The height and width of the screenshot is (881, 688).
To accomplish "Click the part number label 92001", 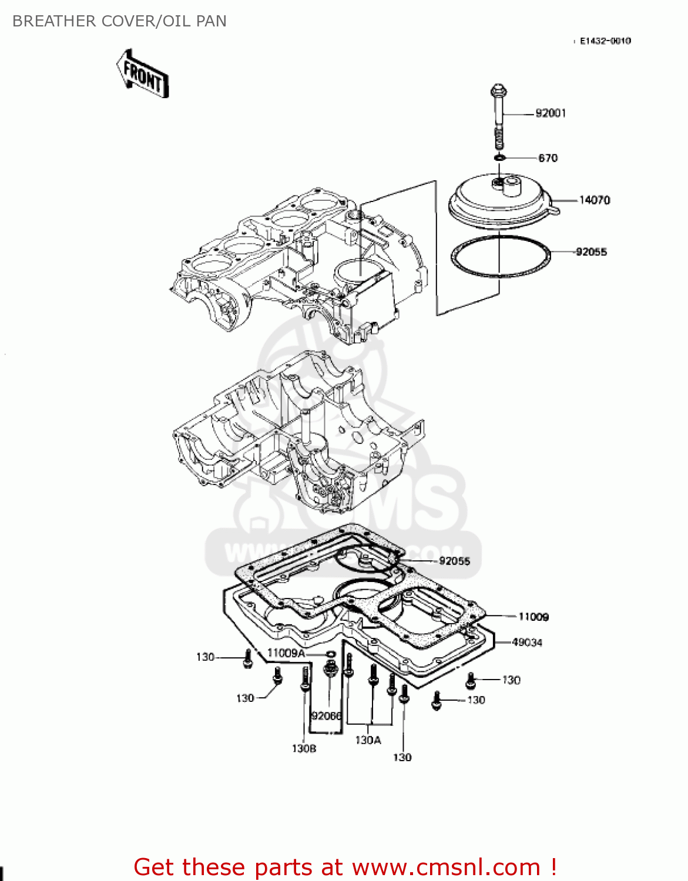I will click(x=551, y=113).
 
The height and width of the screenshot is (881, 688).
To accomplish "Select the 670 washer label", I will click(x=548, y=158).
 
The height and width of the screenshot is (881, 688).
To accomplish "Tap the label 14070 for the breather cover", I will click(x=594, y=200).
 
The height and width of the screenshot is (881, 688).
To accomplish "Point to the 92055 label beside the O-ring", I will click(x=591, y=252).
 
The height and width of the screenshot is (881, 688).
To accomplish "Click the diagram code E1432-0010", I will click(x=605, y=41).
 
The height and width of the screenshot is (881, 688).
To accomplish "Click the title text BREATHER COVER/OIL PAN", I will click(x=119, y=21).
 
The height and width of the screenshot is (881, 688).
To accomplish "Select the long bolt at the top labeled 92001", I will click(x=498, y=117).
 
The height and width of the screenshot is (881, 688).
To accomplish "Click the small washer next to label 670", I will click(x=499, y=157).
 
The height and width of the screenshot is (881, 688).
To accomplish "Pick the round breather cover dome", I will click(x=499, y=200).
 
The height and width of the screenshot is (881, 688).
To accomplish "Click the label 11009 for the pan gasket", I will click(x=533, y=617).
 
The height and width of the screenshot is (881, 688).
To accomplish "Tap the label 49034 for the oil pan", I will click(x=526, y=643).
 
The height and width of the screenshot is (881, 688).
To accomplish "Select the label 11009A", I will click(x=286, y=653).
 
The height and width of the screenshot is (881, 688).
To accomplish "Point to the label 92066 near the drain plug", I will click(x=326, y=716).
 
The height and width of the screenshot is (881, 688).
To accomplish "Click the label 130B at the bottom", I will click(x=304, y=749).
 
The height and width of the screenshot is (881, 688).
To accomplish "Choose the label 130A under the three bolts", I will click(x=368, y=741).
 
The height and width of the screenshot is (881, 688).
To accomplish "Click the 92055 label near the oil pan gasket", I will click(x=454, y=561).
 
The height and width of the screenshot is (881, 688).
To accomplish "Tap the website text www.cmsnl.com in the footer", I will click(x=446, y=867).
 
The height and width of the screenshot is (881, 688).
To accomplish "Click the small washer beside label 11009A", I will click(x=330, y=654).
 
